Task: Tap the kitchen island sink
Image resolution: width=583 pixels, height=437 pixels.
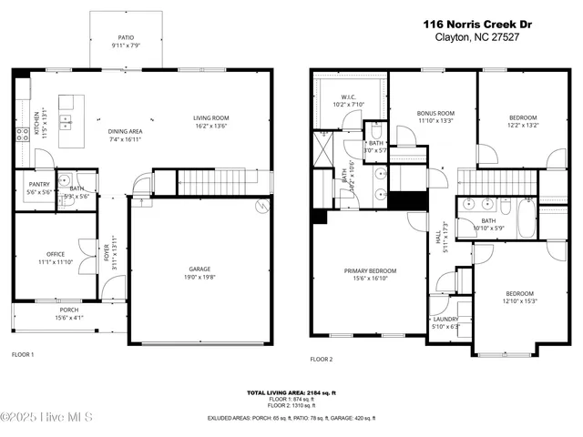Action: click(67, 120)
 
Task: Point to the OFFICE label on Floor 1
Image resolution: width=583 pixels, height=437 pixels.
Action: click(56, 254)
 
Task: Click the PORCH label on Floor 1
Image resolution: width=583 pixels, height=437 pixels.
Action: click(68, 310)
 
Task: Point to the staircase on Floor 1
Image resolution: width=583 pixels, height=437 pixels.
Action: click(211, 180)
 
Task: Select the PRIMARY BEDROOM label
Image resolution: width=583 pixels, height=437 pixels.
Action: click(370, 270)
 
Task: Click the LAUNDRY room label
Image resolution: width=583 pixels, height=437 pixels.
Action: click(445, 319)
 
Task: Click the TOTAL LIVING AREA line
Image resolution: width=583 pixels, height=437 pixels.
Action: click(291, 392)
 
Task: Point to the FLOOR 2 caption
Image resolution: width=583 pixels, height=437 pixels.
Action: click(322, 360)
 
